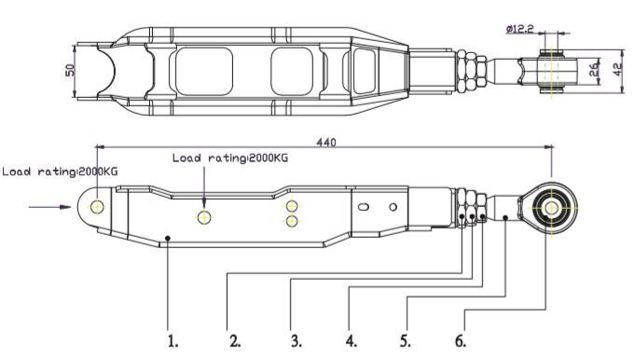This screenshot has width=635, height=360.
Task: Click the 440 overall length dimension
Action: (x=325, y=142)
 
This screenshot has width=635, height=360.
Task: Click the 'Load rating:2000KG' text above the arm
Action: (x=229, y=158)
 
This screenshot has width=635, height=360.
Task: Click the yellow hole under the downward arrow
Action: (x=205, y=217)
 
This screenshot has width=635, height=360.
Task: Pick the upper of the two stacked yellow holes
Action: (x=292, y=205)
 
